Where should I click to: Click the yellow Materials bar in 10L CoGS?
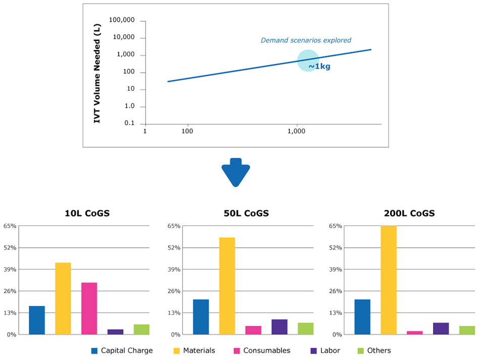click(63, 298)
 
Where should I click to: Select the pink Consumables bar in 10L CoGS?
click(89, 308)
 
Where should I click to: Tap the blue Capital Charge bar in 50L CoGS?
click(201, 317)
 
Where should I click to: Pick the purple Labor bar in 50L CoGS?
click(279, 327)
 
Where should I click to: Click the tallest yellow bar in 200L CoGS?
click(389, 280)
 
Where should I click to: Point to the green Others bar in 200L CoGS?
click(467, 330)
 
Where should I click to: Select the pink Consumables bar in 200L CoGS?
click(414, 333)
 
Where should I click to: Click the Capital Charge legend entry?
click(121, 350)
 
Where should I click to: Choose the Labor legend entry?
click(326, 350)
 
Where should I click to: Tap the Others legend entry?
click(374, 350)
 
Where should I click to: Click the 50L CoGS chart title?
click(246, 213)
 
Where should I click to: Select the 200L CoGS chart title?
click(409, 213)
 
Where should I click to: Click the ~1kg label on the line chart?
click(319, 66)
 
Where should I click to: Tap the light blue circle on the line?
click(307, 60)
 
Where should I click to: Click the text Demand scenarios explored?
click(306, 40)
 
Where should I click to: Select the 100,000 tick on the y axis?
click(123, 21)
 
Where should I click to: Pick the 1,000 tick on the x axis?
click(297, 131)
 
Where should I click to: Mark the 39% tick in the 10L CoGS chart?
click(10, 269)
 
